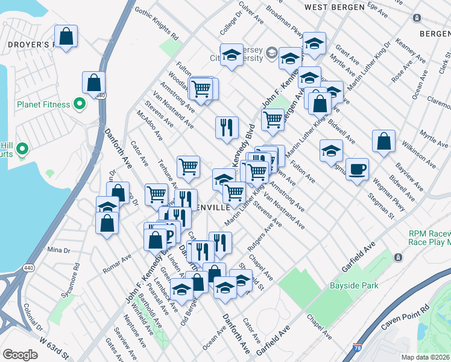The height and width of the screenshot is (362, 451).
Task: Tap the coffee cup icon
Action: (x=357, y=168)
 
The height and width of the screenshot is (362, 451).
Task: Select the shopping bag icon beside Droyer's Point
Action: (x=66, y=36)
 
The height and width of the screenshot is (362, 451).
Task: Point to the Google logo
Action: (x=20, y=355)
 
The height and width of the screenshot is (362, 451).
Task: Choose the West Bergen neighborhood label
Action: (x=335, y=7)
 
